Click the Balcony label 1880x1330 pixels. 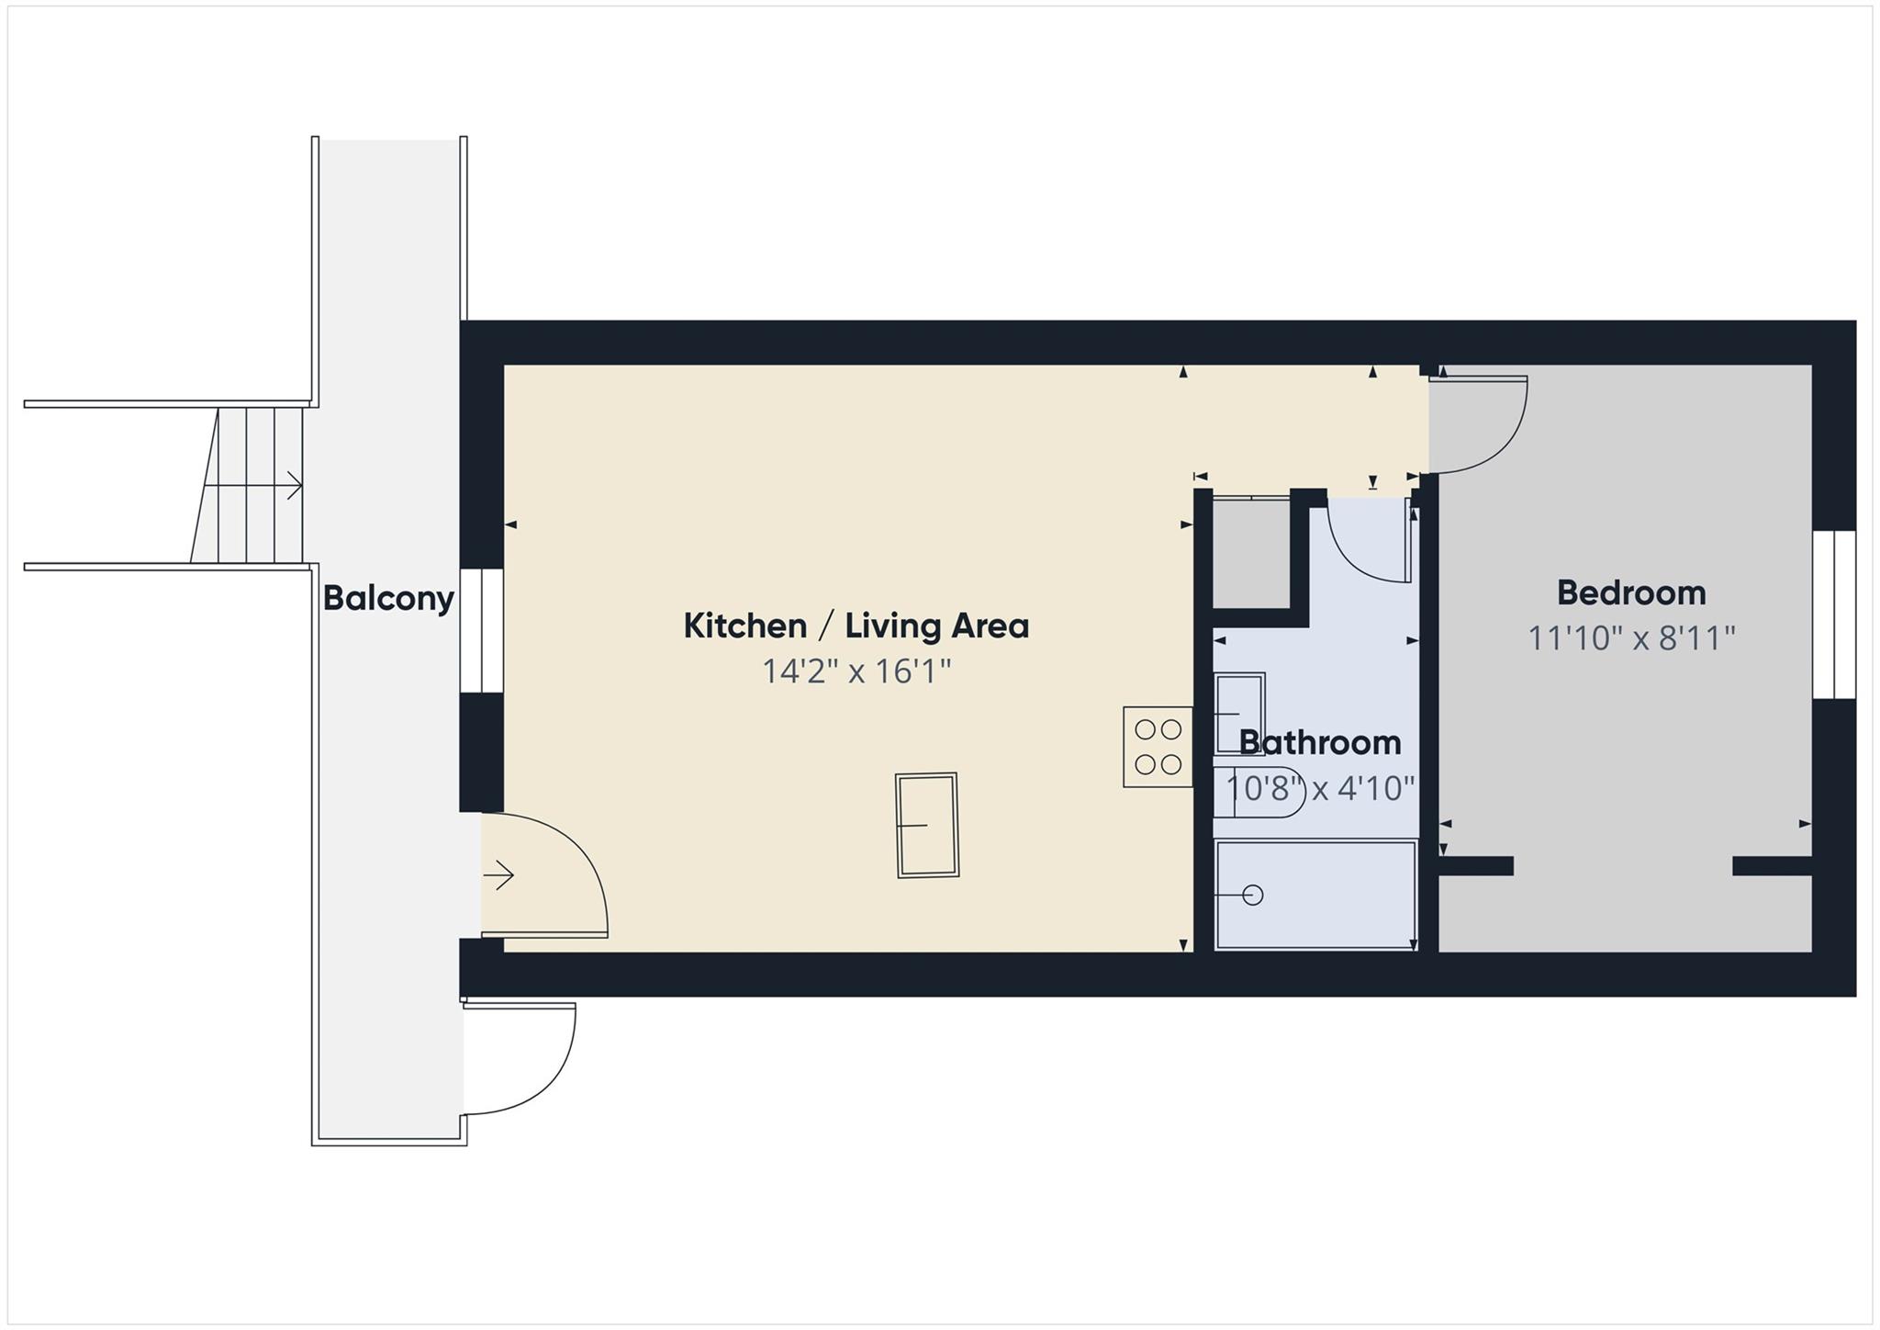(388, 599)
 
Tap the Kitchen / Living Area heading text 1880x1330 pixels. (856, 626)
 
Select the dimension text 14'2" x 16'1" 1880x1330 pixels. (856, 671)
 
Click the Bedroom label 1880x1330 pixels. (1630, 592)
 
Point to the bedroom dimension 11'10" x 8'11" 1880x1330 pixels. (1630, 637)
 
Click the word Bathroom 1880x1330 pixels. (1319, 742)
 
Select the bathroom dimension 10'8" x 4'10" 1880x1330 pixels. (1319, 788)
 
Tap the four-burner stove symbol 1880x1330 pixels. (1158, 747)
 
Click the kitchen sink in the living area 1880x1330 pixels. (927, 825)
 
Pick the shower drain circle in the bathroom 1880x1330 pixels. (1252, 895)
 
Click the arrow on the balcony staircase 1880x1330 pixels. (292, 485)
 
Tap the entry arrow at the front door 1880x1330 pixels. (499, 876)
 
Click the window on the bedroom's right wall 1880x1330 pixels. (1833, 614)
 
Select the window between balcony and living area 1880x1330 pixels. (481, 630)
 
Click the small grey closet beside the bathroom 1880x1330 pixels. (1251, 553)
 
